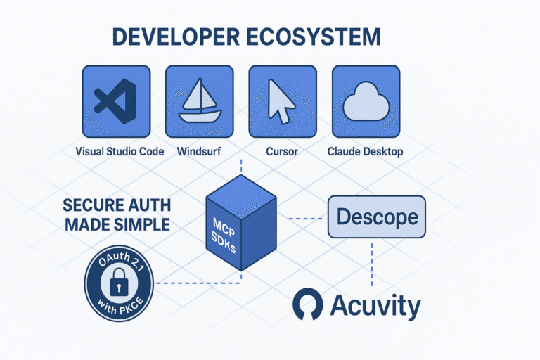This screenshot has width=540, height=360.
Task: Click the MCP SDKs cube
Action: tap(240, 224)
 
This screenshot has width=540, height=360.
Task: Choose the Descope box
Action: tap(378, 217)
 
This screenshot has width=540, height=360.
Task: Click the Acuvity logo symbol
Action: tap(308, 305)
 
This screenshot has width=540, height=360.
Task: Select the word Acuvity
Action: tap(375, 306)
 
